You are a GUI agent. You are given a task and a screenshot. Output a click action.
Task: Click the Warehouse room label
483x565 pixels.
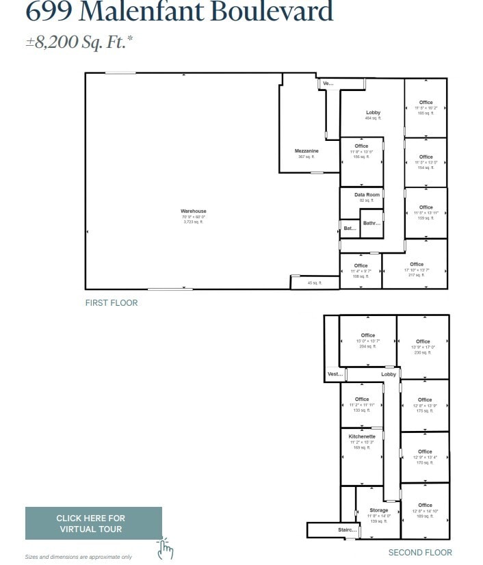pos(193,211)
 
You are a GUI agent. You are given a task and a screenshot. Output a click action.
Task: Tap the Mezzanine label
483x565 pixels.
pos(306,150)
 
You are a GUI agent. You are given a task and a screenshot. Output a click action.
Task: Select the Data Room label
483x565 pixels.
pos(367,195)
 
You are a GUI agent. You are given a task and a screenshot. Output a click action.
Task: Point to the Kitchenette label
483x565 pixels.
pos(362,436)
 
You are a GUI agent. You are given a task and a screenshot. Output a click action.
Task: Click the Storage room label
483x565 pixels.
pos(379,510)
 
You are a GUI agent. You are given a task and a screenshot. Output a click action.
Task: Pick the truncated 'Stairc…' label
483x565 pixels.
pos(348,530)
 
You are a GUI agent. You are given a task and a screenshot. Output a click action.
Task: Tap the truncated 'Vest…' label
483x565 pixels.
pos(335,374)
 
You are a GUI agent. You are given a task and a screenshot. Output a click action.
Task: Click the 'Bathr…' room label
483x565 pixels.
pos(371,223)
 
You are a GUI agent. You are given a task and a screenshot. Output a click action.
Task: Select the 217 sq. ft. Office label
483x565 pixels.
pos(417,264)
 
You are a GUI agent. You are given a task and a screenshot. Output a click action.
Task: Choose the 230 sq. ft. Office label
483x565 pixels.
pos(423,341)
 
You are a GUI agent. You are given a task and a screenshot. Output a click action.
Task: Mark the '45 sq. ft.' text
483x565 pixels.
pos(314,282)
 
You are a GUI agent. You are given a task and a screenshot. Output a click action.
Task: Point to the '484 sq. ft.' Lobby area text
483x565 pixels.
pos(373,118)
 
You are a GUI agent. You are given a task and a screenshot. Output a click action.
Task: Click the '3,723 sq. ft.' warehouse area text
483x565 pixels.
pos(194,222)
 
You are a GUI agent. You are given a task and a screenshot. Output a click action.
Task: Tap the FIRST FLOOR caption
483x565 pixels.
pos(112,303)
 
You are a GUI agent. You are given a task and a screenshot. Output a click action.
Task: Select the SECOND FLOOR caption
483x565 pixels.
pos(420,553)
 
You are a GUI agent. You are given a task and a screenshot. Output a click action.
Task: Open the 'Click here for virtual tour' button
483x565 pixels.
pos(91,523)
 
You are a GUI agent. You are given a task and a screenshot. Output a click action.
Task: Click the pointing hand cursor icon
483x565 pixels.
pos(165,549)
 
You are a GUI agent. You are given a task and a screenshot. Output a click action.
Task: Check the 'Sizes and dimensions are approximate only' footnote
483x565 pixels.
pos(79,557)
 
